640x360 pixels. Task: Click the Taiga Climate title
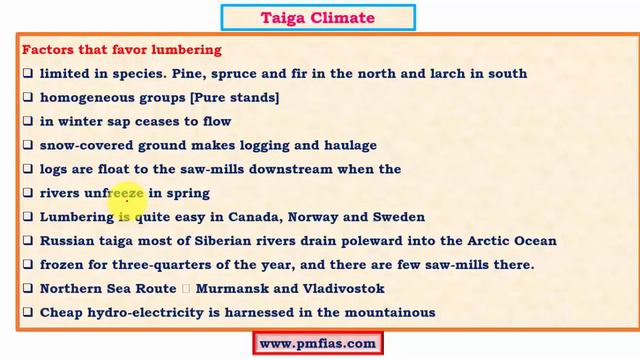[319, 17]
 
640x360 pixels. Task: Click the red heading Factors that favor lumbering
[121, 50]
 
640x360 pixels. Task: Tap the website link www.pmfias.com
[318, 343]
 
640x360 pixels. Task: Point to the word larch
[452, 73]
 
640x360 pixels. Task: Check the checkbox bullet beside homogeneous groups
[29, 97]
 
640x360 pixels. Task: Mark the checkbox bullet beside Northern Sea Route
[29, 289]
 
